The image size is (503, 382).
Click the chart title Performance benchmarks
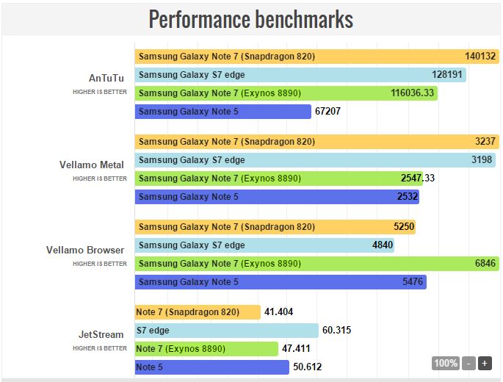coord(251,19)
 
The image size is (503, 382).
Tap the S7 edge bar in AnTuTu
coord(301,75)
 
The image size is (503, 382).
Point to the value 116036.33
coord(413,93)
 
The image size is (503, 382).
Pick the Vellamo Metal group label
coord(92,165)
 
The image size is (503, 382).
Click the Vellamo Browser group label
coord(85,250)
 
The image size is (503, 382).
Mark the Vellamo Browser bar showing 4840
coord(265,245)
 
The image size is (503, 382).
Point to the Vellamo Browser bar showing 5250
coord(275,227)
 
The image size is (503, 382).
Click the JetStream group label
coord(102,335)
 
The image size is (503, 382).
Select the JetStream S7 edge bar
coord(227,331)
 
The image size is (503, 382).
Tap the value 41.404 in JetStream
coord(279,312)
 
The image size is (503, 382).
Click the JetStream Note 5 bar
coord(212,367)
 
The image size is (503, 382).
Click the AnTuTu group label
coord(106,79)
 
